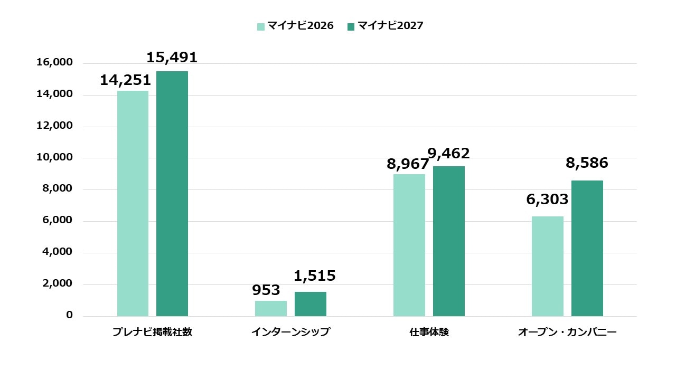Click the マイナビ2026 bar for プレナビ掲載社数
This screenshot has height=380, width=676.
point(133,203)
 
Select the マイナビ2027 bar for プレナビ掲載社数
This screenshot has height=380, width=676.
point(172,194)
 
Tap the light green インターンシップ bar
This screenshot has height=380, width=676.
point(271,308)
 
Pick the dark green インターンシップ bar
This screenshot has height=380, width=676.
point(311,304)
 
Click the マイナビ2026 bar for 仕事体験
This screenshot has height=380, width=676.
point(409,245)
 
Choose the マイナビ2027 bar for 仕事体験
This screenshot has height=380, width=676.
point(449,241)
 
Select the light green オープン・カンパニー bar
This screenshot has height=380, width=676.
point(548,266)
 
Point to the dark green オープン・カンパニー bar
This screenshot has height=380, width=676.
point(587,248)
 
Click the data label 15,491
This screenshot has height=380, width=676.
point(172,58)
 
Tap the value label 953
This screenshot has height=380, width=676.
point(266,290)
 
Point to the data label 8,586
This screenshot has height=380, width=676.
point(587,163)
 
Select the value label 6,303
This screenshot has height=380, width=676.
point(547,199)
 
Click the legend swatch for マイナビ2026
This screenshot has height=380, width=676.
point(261,26)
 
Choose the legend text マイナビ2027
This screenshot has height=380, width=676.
point(390,25)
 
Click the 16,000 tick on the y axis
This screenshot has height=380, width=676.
point(54,63)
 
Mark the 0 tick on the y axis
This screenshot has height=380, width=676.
point(69,315)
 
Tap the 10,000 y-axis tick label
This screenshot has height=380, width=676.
point(54,157)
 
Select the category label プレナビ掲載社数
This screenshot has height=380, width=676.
point(152,332)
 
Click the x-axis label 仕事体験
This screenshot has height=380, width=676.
point(429,332)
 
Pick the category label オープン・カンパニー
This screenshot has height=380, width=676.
point(567,332)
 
